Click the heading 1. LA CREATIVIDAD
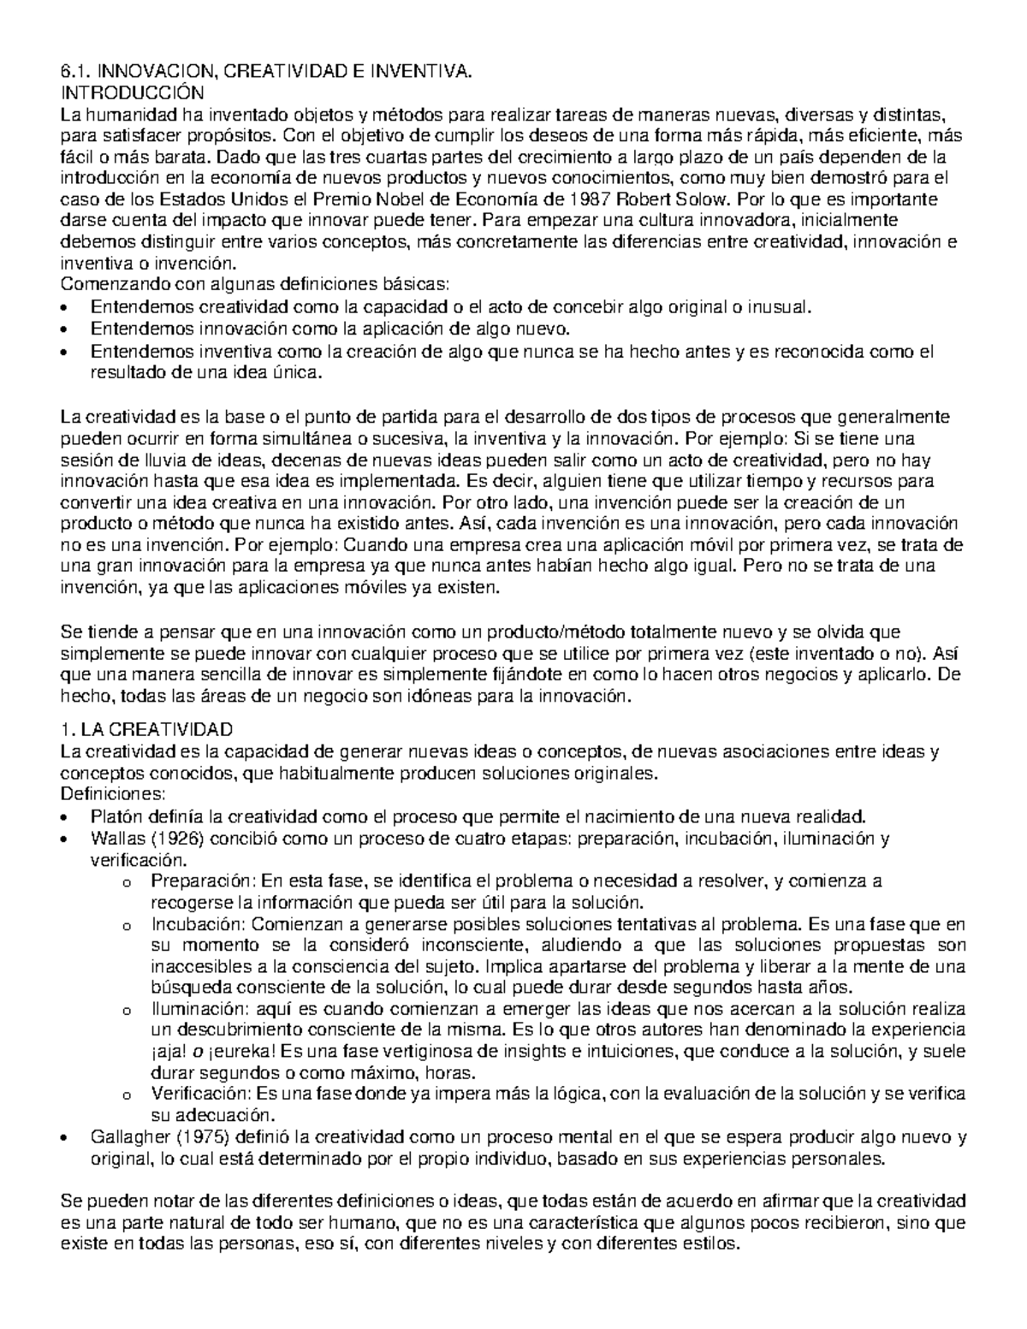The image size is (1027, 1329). pyautogui.click(x=146, y=730)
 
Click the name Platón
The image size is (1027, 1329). pyautogui.click(x=115, y=815)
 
